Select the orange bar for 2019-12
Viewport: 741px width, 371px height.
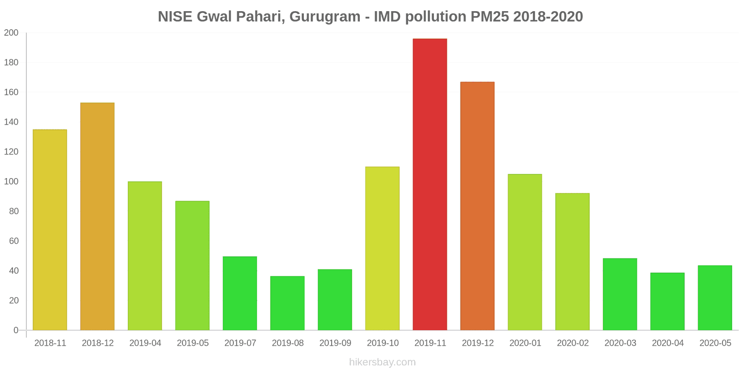click(477, 206)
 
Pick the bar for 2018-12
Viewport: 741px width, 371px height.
click(97, 216)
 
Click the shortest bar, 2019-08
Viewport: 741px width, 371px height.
click(287, 303)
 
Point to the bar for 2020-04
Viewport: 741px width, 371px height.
click(667, 301)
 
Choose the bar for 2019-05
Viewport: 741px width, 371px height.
click(192, 265)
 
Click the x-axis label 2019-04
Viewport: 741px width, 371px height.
click(145, 343)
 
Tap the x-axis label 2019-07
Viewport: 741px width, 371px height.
click(240, 343)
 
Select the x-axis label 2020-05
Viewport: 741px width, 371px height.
click(715, 343)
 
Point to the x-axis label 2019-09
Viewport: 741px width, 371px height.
click(335, 343)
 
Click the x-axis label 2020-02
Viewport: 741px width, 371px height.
click(572, 343)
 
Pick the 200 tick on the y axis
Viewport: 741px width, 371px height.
click(11, 33)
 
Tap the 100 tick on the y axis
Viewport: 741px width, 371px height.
click(11, 181)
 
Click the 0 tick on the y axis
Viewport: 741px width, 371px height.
click(16, 330)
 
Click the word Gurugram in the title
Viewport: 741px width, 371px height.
click(325, 17)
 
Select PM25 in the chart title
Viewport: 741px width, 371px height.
click(490, 17)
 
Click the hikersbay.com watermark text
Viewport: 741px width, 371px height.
click(382, 362)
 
